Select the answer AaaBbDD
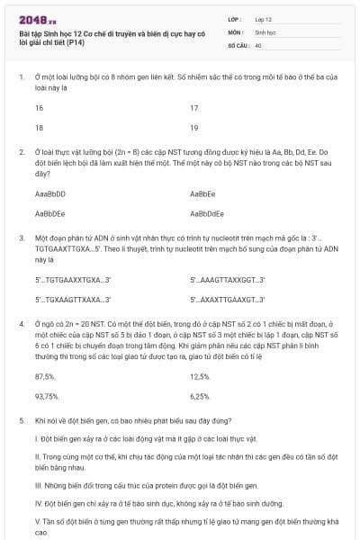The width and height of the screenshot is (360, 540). (49, 193)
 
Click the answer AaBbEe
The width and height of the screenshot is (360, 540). (202, 193)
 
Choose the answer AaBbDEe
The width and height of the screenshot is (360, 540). (49, 213)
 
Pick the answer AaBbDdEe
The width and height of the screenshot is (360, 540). (206, 213)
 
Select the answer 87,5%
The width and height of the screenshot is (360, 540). (44, 376)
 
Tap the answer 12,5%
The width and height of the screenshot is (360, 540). (200, 376)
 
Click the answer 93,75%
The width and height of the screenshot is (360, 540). (46, 396)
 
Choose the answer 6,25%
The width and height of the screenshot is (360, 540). (200, 396)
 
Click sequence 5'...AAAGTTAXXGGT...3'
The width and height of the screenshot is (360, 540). (228, 280)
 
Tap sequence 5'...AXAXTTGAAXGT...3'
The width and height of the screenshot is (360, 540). (228, 300)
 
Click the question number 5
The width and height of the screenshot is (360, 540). (21, 420)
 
